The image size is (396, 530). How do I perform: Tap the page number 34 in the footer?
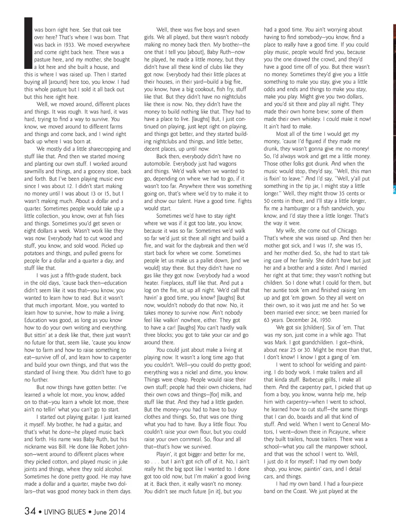(30, 511)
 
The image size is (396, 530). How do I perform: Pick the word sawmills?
(35, 171)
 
